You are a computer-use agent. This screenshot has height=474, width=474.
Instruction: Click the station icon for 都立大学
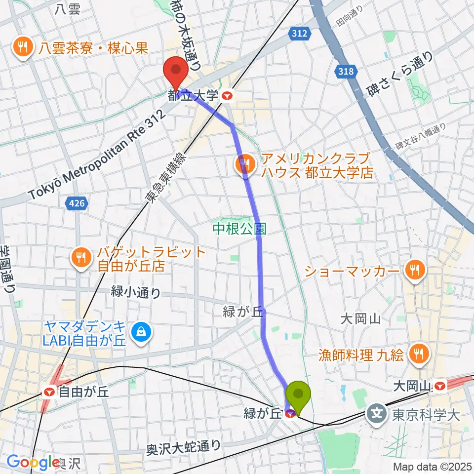[x=228, y=96]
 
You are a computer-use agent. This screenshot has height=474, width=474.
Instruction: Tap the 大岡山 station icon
[x=439, y=385]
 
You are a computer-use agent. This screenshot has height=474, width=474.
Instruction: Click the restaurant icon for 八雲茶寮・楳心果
[x=23, y=47]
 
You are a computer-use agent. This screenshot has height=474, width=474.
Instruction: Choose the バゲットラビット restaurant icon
[x=79, y=257]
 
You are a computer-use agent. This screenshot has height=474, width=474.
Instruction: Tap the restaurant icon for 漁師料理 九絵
[x=419, y=353]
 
